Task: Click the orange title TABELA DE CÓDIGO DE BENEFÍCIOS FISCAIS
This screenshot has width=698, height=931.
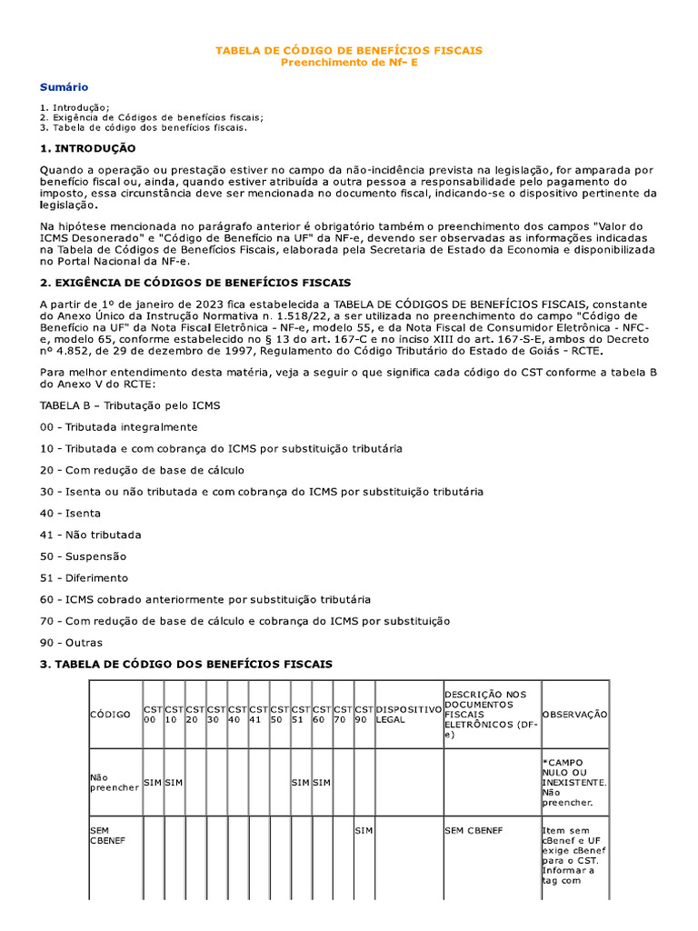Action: click(349, 50)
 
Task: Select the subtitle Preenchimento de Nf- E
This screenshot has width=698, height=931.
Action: click(349, 62)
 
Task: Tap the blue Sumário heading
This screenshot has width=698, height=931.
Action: click(64, 87)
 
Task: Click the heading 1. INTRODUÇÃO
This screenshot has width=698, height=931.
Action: click(87, 148)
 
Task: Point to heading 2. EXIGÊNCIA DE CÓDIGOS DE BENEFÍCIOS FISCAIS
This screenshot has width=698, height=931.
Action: click(194, 283)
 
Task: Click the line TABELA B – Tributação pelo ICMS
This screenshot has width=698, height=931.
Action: click(130, 405)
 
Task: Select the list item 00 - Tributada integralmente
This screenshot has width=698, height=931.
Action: click(118, 426)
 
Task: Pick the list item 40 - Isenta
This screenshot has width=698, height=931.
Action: click(70, 513)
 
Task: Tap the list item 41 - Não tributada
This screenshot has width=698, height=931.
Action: click(90, 535)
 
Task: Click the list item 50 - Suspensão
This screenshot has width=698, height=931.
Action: click(83, 556)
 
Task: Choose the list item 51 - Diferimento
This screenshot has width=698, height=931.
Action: click(85, 577)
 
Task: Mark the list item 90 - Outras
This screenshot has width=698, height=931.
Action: click(72, 643)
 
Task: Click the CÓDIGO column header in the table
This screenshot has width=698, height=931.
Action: click(110, 715)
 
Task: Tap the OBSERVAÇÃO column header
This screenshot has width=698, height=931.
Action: click(574, 715)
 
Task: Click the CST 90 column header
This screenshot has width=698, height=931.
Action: click(364, 715)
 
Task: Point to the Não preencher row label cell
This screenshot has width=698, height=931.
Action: click(113, 782)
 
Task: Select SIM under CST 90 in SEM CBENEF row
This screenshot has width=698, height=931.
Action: click(364, 831)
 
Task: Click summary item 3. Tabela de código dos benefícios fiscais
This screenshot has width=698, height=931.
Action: click(143, 127)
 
